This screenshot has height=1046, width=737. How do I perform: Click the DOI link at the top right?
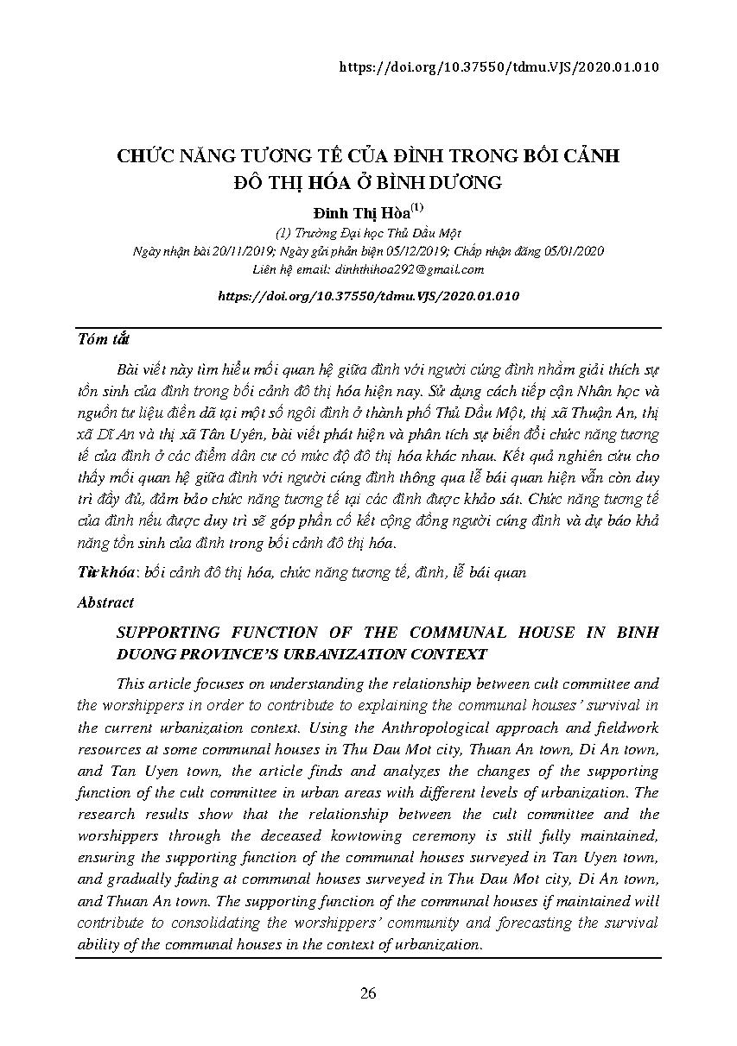(x=500, y=66)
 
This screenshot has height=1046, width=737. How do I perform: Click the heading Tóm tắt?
(x=104, y=338)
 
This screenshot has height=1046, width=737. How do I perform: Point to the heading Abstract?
(x=105, y=602)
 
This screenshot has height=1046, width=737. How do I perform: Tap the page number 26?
(x=368, y=993)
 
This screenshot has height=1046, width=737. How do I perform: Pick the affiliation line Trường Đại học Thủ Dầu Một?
(x=368, y=233)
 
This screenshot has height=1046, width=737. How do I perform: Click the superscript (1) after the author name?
(x=416, y=207)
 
